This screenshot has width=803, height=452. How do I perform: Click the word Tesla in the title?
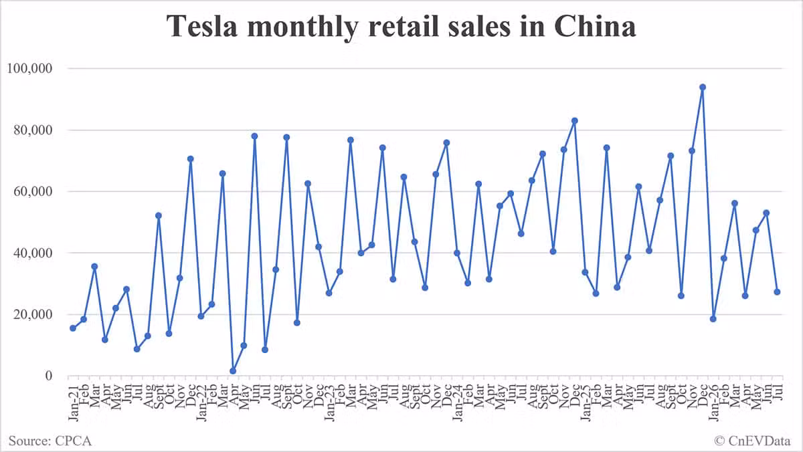pyautogui.click(x=202, y=27)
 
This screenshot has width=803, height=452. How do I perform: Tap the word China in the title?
pyautogui.click(x=595, y=27)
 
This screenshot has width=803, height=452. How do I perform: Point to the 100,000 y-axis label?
pyautogui.click(x=29, y=68)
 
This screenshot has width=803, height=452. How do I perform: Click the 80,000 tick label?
pyautogui.click(x=33, y=130)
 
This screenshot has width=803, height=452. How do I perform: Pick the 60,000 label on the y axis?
pyautogui.click(x=33, y=192)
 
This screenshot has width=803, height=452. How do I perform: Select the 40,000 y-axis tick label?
pyautogui.click(x=33, y=253)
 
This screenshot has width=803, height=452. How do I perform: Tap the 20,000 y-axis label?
pyautogui.click(x=33, y=314)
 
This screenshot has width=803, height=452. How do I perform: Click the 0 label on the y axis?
pyautogui.click(x=49, y=375)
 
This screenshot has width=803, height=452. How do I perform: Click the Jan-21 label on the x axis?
pyautogui.click(x=73, y=403)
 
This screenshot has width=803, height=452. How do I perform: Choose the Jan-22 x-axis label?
pyautogui.click(x=201, y=403)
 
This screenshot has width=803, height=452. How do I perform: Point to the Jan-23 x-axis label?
pyautogui.click(x=329, y=403)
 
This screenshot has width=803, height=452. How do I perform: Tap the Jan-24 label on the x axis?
pyautogui.click(x=457, y=403)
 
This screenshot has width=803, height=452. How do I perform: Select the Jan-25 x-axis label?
pyautogui.click(x=585, y=403)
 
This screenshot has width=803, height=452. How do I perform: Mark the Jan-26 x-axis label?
pyautogui.click(x=713, y=403)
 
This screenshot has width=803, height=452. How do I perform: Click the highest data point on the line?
pyautogui.click(x=703, y=88)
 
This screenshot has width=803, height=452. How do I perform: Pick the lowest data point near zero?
pyautogui.click(x=233, y=371)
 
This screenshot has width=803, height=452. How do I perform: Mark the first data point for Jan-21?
pyautogui.click(x=73, y=328)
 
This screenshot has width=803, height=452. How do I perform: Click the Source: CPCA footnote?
pyautogui.click(x=50, y=441)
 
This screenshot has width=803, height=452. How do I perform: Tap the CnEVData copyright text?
pyautogui.click(x=752, y=441)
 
